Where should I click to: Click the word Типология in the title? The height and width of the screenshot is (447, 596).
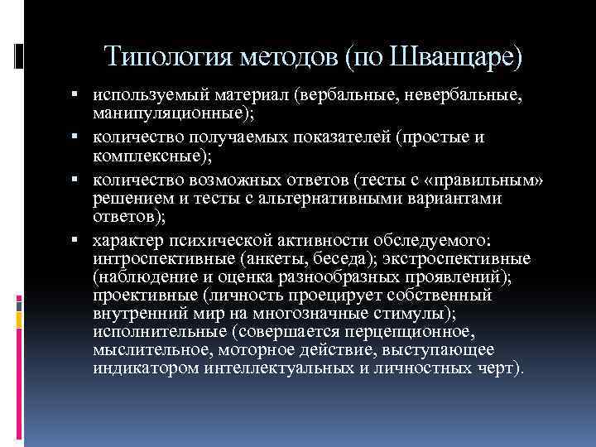169,58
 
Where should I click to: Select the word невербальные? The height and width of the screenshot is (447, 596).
469,98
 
